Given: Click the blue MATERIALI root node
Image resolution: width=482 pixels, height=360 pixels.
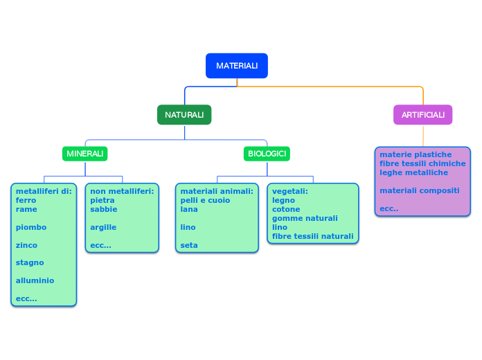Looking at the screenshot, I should pos(237,66).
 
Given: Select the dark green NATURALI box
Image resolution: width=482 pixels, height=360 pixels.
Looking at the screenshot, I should pos(184,115).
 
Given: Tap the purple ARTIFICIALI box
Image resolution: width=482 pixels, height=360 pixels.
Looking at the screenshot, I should pos(422,115).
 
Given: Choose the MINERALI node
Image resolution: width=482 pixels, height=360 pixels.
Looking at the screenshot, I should pos(85,153).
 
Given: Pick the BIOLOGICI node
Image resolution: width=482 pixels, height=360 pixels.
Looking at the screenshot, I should pos(267,153).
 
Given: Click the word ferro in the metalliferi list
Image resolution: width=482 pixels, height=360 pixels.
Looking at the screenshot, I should pos(26,200).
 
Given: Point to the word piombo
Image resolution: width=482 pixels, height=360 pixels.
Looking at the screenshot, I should pos(31,227).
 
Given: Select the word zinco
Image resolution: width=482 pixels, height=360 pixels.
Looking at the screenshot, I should pos(26,245).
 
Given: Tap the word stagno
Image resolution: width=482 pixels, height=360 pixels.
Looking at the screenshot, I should pos(30,262).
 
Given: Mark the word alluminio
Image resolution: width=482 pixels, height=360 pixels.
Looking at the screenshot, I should pos(35,280).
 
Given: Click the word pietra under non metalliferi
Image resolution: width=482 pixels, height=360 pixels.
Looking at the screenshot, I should pos(102,200).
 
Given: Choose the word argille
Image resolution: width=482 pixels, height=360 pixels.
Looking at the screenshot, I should pos(103,227).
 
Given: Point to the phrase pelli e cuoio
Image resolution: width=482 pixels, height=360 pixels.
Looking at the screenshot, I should pos(205,200).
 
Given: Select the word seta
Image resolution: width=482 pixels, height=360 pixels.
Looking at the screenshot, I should pos(189,245).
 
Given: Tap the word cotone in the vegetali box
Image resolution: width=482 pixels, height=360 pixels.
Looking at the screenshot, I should pos(286,209).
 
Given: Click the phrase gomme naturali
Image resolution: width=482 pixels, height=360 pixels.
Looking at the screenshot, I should pos(305,218).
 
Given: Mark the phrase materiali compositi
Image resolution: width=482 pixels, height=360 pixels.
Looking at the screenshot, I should pos(419,190).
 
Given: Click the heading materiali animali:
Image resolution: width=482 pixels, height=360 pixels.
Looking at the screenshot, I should pos(217,191).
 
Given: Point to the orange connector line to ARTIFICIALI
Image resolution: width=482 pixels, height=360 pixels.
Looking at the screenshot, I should pos(332,87).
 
